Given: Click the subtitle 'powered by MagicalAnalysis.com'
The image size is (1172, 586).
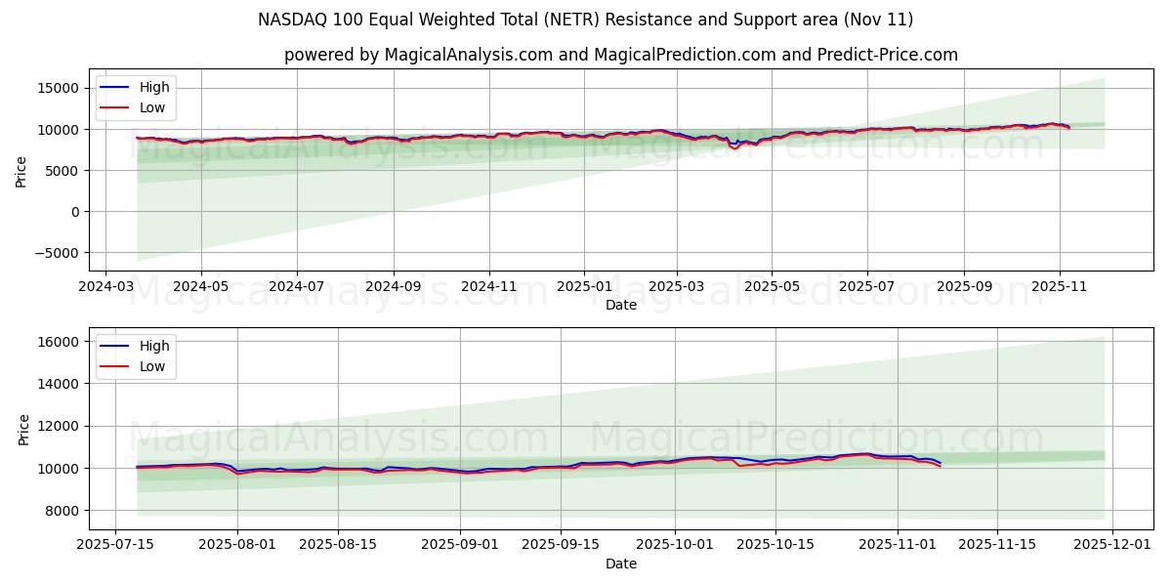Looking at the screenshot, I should point(620,55).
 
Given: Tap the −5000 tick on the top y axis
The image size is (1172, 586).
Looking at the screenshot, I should point(56,253).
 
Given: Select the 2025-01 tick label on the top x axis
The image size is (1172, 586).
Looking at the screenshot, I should point(584,287).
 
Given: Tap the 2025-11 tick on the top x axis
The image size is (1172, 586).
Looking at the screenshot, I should point(1059,287).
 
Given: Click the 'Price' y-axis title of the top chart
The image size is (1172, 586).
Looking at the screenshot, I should point(21,170).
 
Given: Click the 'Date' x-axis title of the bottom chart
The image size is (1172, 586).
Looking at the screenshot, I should point(620,564).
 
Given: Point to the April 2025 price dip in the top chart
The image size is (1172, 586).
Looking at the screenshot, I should point(734,146).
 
